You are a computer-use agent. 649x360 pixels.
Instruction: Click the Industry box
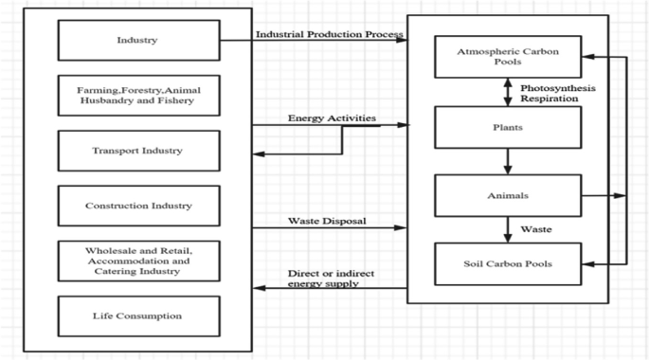[138, 40]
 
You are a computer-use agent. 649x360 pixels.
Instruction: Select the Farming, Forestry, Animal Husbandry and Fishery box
[138, 94]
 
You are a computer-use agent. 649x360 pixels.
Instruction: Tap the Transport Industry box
[138, 150]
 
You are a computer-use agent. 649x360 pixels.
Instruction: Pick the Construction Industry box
[138, 205]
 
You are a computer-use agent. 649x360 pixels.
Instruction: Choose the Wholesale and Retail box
[138, 261]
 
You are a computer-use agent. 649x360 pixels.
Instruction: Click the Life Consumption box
[138, 315]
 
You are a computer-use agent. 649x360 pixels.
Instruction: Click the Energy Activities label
[332, 118]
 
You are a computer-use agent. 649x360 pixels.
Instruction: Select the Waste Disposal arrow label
[327, 221]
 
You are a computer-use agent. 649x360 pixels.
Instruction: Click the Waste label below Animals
[537, 229]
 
